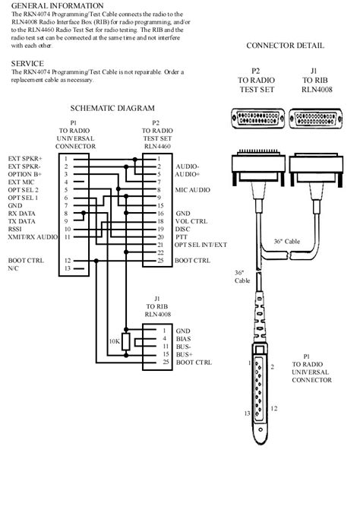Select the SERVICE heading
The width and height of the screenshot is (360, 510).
[x=27, y=62]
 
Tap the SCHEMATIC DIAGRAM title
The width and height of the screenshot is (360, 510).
[x=112, y=109]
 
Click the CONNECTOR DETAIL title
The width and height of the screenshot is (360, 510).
[x=285, y=46]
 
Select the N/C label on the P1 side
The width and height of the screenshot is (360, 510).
[x=14, y=268]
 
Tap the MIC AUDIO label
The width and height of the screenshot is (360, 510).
[x=194, y=189]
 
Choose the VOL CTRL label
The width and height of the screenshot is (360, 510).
[x=191, y=221]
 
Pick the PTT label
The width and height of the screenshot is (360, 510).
[x=182, y=237]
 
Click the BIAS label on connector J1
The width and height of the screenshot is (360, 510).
[x=183, y=339]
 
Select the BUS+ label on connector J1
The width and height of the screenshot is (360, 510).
[x=183, y=355]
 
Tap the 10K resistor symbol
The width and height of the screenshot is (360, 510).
[x=126, y=343]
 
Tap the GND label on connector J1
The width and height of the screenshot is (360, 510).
[x=182, y=331]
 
